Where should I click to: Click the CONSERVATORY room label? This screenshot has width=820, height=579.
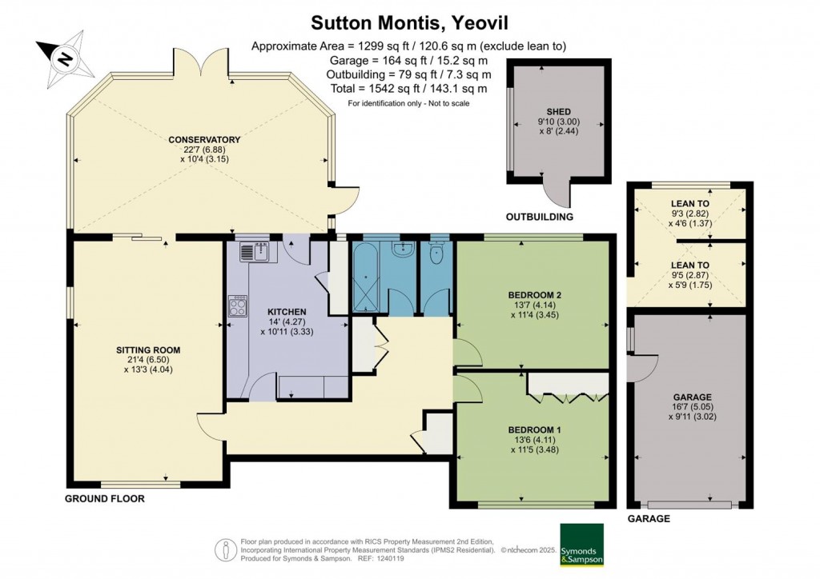pyautogui.click(x=204, y=141)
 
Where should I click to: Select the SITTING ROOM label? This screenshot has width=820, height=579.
pyautogui.click(x=147, y=350)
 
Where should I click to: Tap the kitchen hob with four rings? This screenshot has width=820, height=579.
pyautogui.click(x=238, y=305)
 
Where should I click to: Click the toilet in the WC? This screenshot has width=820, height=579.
pyautogui.click(x=437, y=254)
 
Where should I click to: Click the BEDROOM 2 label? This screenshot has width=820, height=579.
pyautogui.click(x=535, y=295)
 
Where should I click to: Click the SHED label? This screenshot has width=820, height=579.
pyautogui.click(x=557, y=111)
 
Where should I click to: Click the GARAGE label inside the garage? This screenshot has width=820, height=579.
pyautogui.click(x=693, y=397)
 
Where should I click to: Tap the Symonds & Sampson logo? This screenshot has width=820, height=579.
pyautogui.click(x=582, y=545)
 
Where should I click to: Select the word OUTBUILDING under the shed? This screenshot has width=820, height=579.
pyautogui.click(x=541, y=217)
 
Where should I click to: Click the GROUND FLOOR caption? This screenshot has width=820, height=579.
pyautogui.click(x=104, y=498)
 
